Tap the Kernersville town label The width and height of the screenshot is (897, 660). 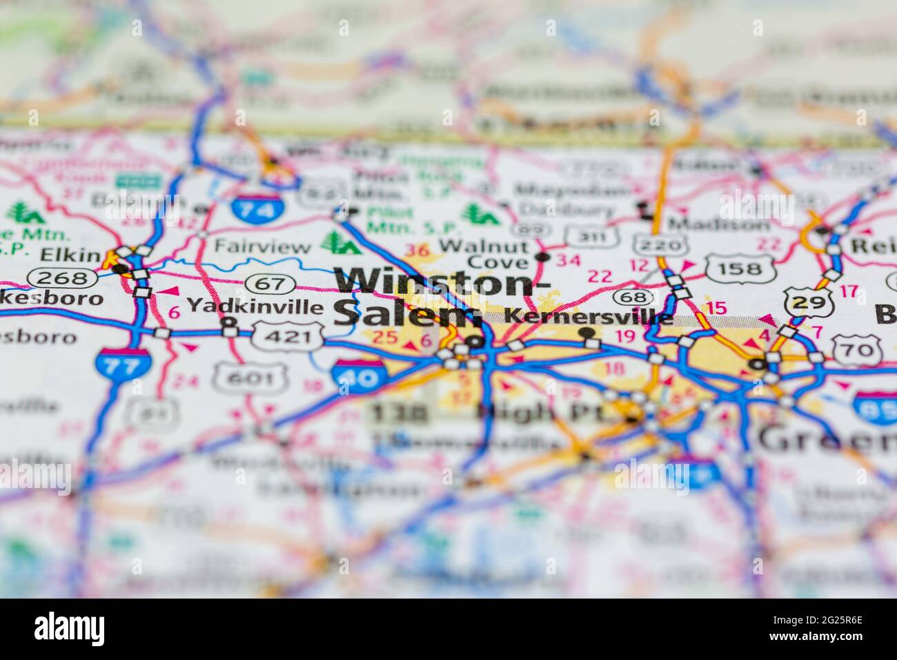pyautogui.click(x=589, y=316)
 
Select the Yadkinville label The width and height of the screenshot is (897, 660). pyautogui.click(x=255, y=305)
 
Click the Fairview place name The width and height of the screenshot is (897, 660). pyautogui.click(x=262, y=246)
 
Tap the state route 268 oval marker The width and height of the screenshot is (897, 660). pyautogui.click(x=63, y=278)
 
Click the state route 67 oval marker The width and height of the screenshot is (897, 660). pyautogui.click(x=272, y=283)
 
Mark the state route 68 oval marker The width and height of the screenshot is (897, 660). pyautogui.click(x=633, y=297)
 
